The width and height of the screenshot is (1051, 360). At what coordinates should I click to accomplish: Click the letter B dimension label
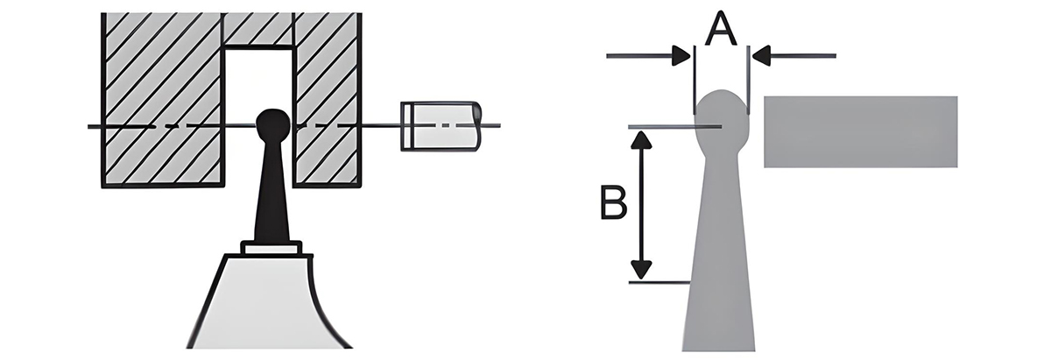[612, 204]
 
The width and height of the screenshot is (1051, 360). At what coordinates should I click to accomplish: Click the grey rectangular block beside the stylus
[860, 131]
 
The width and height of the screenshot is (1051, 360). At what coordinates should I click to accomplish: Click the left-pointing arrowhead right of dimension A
[759, 57]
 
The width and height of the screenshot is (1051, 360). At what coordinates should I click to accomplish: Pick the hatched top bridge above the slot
[258, 30]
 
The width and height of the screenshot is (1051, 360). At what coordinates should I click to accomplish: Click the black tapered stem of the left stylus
[272, 197]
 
